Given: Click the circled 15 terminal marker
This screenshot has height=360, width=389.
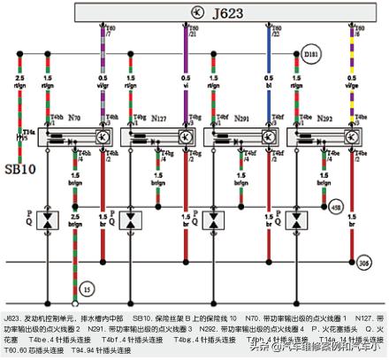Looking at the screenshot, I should point(87,288).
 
